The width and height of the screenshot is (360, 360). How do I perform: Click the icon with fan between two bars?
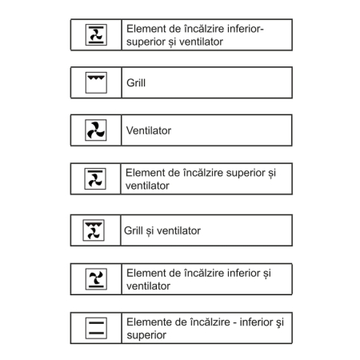click(96, 34)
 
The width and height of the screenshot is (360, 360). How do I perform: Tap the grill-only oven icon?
click(96, 82)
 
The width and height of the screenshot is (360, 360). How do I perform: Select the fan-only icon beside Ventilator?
click(96, 130)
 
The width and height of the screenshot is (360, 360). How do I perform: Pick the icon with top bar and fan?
click(95, 178)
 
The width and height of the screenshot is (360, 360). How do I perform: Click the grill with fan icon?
click(94, 230)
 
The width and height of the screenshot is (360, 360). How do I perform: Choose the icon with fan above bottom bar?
click(96, 279)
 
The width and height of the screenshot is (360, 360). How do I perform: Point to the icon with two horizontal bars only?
click(96, 328)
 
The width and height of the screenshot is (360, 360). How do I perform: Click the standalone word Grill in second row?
click(136, 82)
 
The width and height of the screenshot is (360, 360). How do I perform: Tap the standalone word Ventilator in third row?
click(149, 130)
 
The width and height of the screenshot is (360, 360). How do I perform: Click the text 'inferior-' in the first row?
click(246, 29)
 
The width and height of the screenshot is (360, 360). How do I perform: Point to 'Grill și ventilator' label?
click(162, 230)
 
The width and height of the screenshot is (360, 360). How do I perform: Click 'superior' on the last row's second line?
click(146, 335)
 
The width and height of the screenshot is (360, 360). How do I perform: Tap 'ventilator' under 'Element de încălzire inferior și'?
click(148, 286)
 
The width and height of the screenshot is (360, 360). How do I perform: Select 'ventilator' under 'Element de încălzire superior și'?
click(147, 186)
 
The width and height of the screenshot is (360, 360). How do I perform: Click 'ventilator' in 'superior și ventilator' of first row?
click(201, 42)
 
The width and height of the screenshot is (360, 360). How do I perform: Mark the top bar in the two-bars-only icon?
click(96, 322)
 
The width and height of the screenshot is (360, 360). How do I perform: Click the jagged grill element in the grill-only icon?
click(96, 78)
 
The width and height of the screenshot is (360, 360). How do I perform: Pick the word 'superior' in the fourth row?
click(246, 173)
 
